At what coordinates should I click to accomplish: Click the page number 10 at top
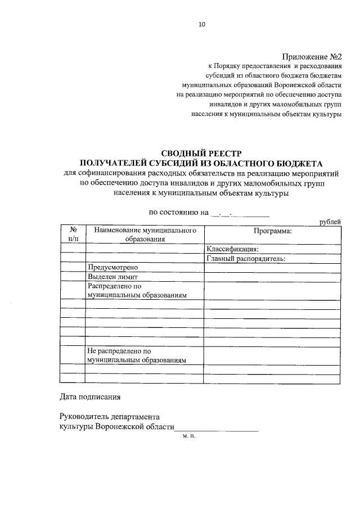tap(202, 24)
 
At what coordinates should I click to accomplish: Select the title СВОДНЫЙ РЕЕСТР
tap(201, 154)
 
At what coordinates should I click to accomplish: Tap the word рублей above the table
tap(330, 222)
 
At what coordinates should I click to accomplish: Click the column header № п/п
tap(73, 234)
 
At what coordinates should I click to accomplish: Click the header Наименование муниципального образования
tap(145, 234)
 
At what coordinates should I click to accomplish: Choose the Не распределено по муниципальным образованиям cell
tap(137, 355)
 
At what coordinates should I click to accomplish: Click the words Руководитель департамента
tap(110, 417)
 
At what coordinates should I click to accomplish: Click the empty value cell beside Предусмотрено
tap(272, 268)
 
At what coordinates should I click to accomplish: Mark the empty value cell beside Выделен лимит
tap(272, 277)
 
